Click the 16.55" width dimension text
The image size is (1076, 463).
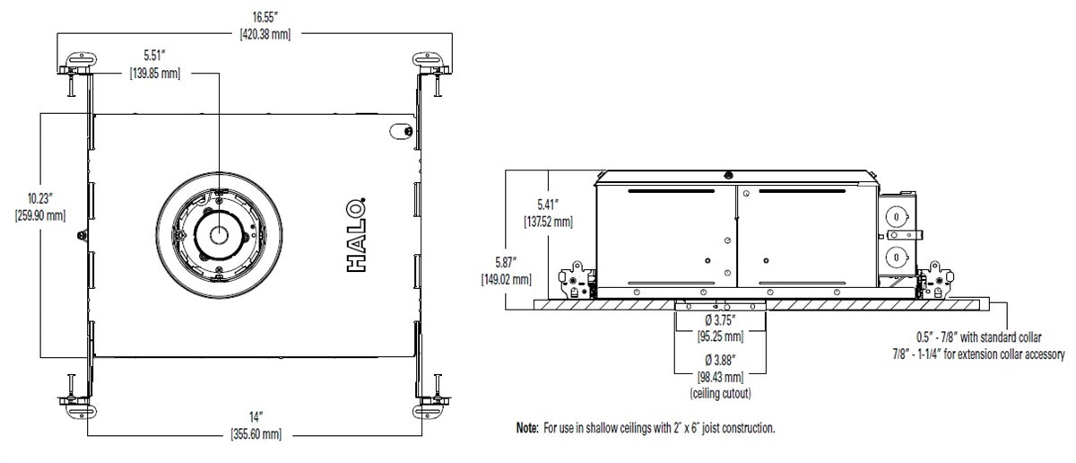264,16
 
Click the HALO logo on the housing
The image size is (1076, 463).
356,236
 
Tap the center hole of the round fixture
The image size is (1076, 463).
218,235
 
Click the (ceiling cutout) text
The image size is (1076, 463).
721,393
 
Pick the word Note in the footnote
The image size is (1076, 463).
526,429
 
